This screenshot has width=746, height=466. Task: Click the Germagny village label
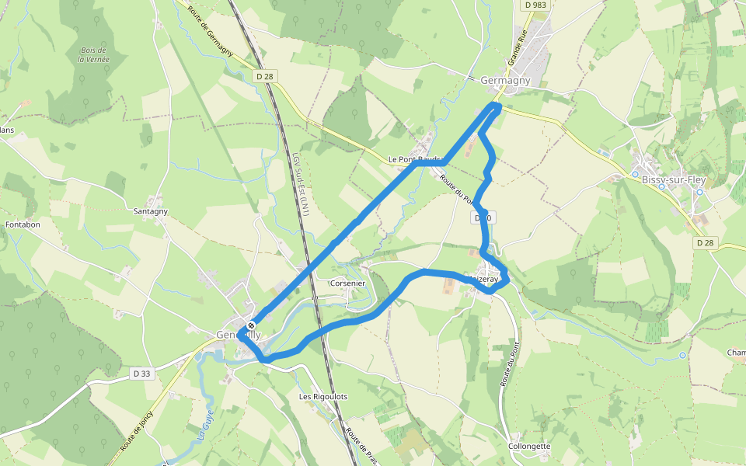[x=505, y=80]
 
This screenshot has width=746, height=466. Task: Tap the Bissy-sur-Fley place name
[x=674, y=179]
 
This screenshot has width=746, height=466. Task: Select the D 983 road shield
[x=537, y=5]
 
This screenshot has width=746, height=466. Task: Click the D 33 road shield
[x=141, y=374]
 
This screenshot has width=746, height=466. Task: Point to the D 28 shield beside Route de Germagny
[x=265, y=75]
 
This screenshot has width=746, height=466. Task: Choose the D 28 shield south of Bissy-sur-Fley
[x=705, y=243]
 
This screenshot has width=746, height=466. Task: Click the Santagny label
[x=151, y=210]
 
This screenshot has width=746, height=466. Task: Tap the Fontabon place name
[x=23, y=224]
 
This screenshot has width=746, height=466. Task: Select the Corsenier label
[x=347, y=283]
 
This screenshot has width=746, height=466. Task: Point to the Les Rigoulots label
[x=323, y=396]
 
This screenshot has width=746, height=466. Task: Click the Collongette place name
[x=529, y=446]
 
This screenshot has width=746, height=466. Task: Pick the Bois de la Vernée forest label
[x=94, y=55]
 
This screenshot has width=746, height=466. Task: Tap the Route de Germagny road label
[x=211, y=30]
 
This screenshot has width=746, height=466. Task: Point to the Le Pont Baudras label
[x=416, y=159]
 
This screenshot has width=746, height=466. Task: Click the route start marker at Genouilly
[x=251, y=325]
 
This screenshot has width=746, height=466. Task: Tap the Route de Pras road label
[x=361, y=448]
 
